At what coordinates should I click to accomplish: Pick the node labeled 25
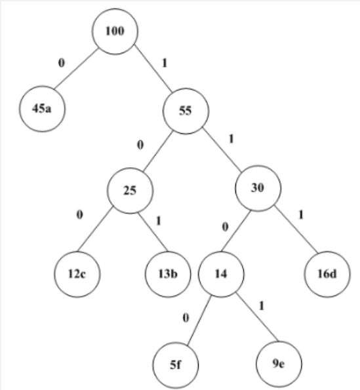tap(130, 190)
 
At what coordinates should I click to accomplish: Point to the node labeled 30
tap(258, 187)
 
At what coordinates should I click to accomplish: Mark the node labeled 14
tap(221, 271)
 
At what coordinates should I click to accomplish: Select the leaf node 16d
tap(326, 271)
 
